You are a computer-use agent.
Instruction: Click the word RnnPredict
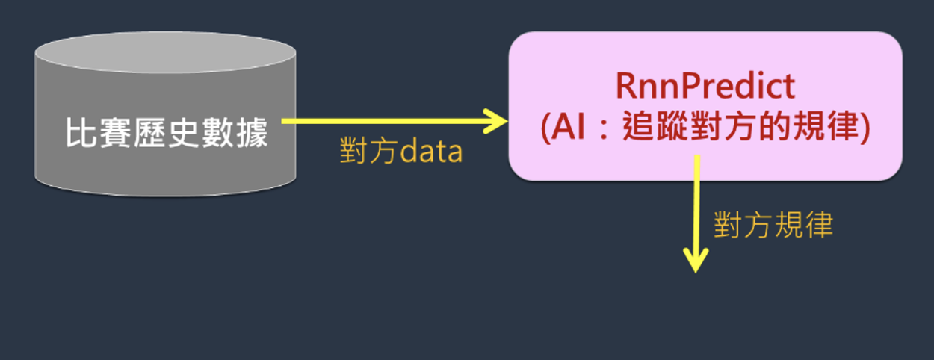tap(705, 86)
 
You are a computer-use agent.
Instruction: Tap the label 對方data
tap(401, 150)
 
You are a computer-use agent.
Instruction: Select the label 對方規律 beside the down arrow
tap(773, 225)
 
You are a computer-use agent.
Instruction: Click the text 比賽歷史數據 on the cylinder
tap(167, 132)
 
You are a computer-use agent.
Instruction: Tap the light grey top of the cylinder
tap(166, 52)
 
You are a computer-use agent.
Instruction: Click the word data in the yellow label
tap(431, 152)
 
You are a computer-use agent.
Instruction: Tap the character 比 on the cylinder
tap(81, 132)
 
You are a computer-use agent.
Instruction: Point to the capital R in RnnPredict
tap(627, 86)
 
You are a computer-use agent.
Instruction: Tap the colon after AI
tap(603, 128)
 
